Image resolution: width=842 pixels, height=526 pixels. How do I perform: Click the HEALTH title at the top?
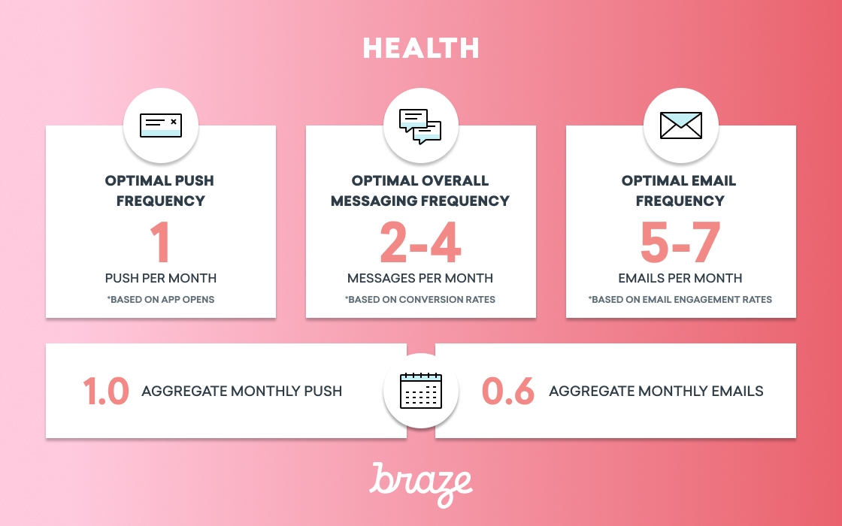[421, 48]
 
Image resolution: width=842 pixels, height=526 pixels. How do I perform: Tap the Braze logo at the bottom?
[421, 485]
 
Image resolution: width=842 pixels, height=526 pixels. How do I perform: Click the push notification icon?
[161, 125]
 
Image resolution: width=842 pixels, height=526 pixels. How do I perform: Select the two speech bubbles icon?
[420, 127]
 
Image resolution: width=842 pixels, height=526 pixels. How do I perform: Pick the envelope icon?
[681, 125]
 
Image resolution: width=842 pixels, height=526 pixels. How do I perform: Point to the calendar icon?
[421, 391]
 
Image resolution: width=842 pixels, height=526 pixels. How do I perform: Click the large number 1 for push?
[161, 243]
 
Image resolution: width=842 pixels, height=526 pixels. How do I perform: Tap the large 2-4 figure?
[420, 243]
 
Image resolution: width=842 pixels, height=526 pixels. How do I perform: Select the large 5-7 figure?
[680, 243]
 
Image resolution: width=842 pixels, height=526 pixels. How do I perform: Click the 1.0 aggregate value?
[106, 391]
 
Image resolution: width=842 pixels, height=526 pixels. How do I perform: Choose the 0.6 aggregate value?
[508, 391]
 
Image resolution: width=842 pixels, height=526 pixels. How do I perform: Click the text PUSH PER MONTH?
[161, 278]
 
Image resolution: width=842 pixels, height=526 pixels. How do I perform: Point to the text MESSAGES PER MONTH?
[420, 278]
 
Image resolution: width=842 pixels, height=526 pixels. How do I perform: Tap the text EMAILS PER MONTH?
[680, 278]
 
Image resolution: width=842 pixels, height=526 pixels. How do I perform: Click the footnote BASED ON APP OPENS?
[161, 300]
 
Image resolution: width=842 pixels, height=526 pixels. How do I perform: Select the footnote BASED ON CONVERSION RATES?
[420, 300]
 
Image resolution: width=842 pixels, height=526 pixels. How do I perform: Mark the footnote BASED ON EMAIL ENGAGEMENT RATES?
[680, 300]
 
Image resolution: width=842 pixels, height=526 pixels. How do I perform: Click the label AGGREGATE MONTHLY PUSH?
[241, 391]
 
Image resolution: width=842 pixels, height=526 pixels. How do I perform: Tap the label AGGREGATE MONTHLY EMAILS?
[656, 391]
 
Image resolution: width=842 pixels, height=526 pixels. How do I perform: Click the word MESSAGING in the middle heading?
[374, 201]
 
